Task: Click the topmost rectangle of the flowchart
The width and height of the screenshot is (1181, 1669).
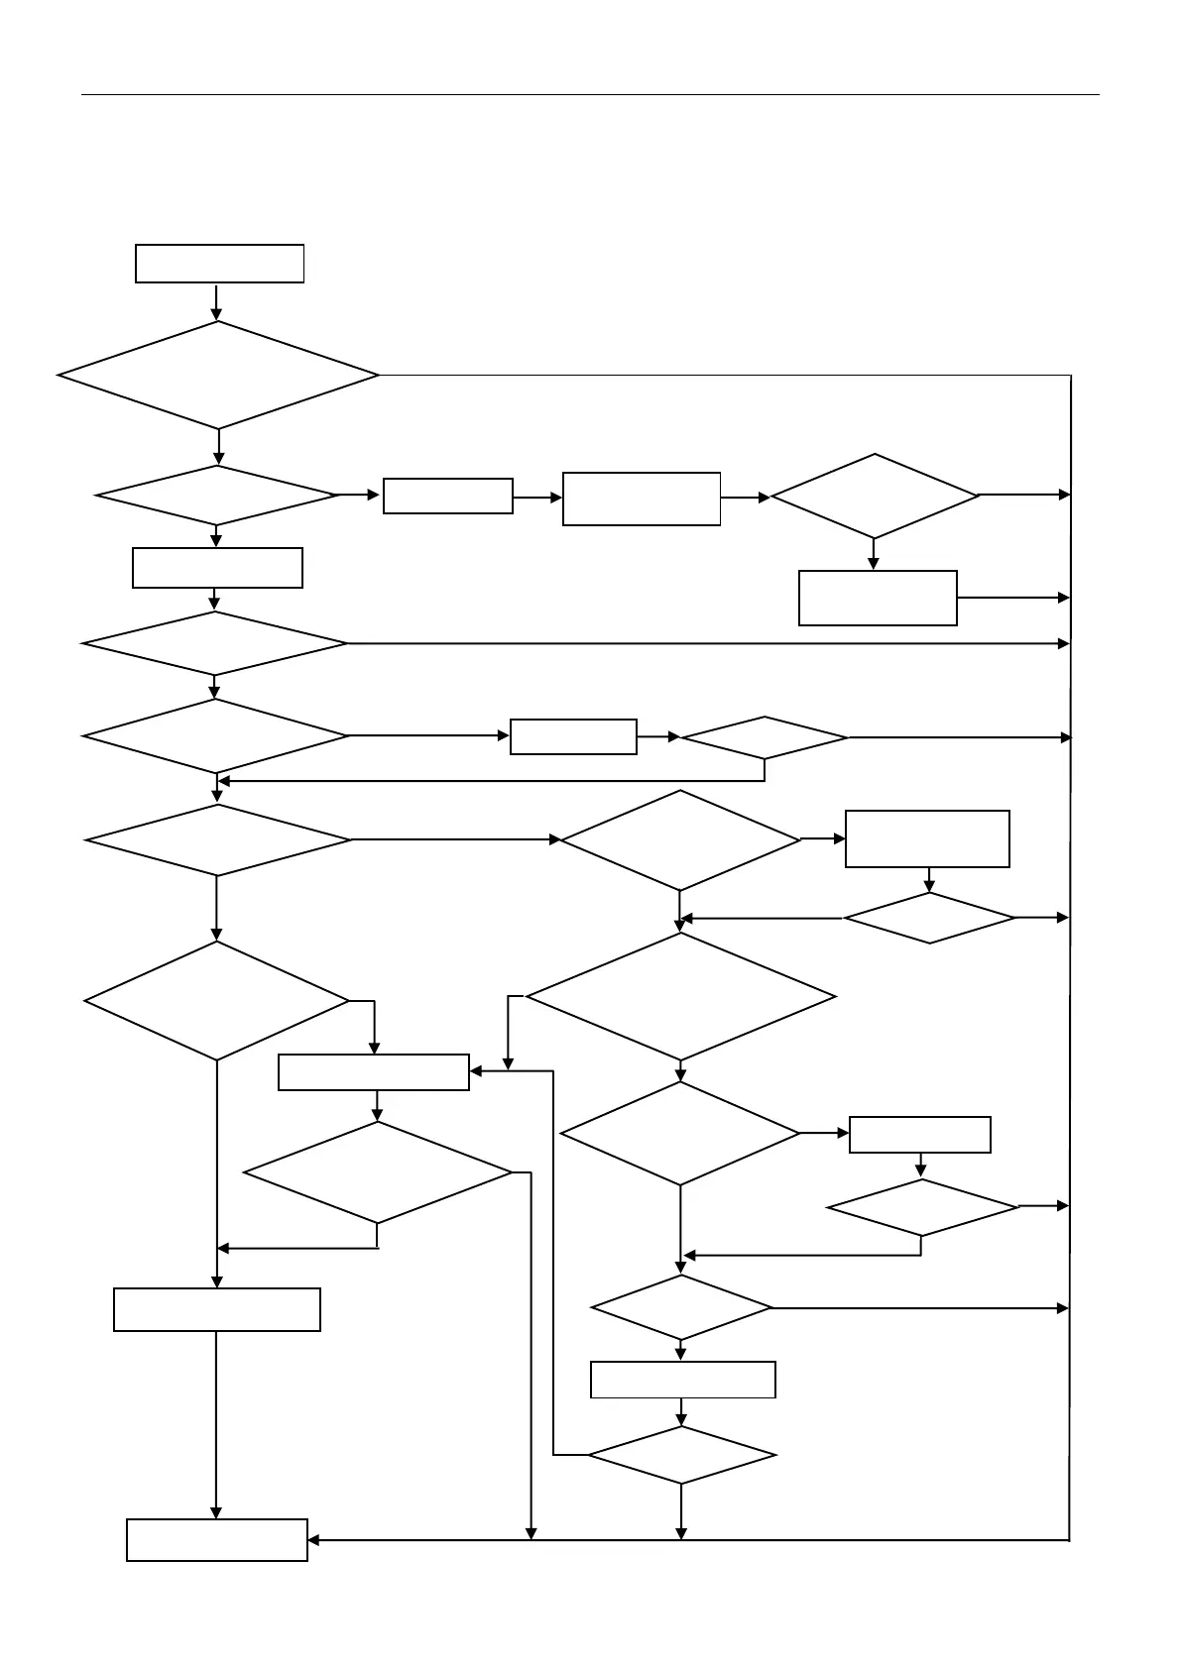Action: [x=219, y=264]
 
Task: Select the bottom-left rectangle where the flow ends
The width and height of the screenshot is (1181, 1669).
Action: [x=217, y=1539]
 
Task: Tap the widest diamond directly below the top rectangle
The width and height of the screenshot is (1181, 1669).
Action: [x=218, y=376]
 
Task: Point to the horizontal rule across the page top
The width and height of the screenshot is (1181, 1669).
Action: [x=590, y=95]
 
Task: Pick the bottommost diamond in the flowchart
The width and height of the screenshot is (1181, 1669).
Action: [x=681, y=1455]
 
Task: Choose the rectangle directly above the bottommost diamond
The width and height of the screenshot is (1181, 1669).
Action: [x=682, y=1380]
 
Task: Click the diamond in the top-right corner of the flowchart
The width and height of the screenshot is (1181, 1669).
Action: [x=874, y=496]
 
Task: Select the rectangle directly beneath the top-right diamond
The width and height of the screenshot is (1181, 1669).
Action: [x=878, y=598]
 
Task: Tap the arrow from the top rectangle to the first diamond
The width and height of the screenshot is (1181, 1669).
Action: [x=217, y=302]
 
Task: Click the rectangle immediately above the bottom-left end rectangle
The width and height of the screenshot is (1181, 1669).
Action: [x=217, y=1309]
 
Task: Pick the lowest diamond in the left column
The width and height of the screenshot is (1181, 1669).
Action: [x=217, y=1000]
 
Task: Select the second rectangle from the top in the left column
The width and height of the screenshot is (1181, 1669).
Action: [x=217, y=568]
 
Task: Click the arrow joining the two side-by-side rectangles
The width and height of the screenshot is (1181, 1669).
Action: [x=537, y=498]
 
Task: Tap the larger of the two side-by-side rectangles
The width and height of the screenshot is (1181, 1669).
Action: [x=642, y=499]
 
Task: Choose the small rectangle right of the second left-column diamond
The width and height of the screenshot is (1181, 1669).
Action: [x=447, y=496]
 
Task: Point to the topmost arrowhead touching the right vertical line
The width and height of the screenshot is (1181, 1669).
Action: [x=1065, y=495]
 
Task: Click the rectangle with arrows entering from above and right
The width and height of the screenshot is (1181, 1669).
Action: [x=374, y=1072]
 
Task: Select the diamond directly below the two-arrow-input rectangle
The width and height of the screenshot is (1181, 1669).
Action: [x=378, y=1172]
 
